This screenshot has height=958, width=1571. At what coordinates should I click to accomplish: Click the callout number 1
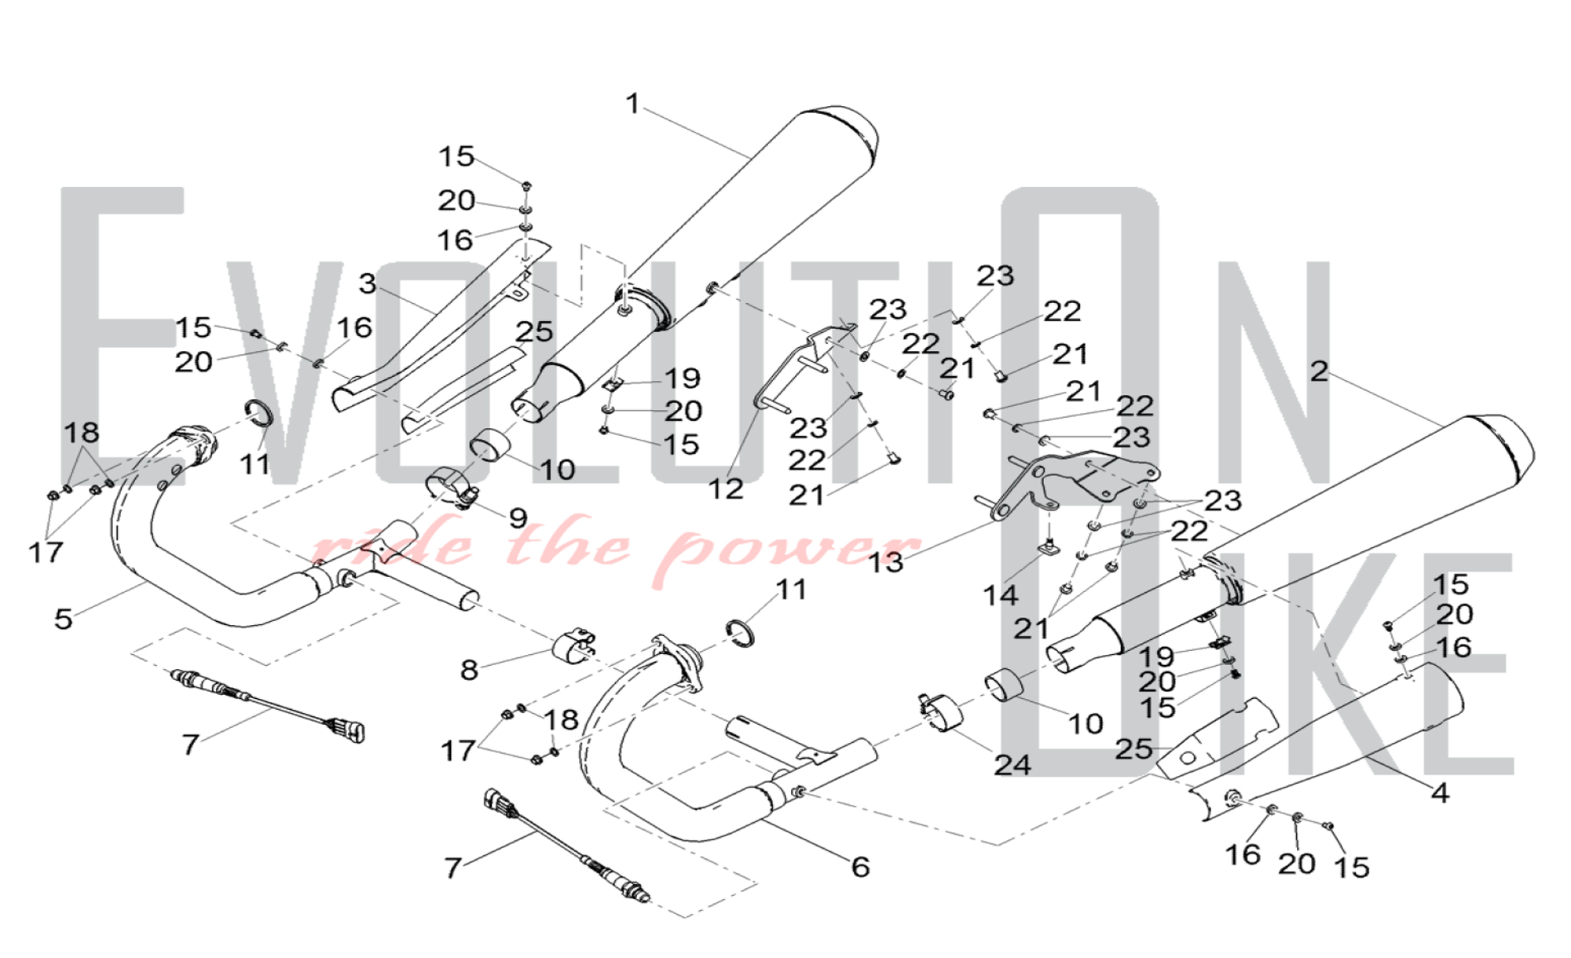[x=633, y=104]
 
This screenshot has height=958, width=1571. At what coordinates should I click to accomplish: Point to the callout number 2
[x=1319, y=371]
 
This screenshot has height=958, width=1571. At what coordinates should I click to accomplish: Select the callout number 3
[x=368, y=283]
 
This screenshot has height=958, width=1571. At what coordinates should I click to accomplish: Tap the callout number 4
[x=1440, y=792]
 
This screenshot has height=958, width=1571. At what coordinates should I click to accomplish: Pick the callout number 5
[x=64, y=619]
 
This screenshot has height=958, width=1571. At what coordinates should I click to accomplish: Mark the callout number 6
[x=860, y=867]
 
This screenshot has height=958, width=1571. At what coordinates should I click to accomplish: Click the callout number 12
[x=725, y=488]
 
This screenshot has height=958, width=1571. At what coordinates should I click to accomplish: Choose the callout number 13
[x=885, y=562]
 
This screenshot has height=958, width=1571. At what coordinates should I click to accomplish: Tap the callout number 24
[x=1012, y=764]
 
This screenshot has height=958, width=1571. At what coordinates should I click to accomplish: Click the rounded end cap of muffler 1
[x=852, y=133]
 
